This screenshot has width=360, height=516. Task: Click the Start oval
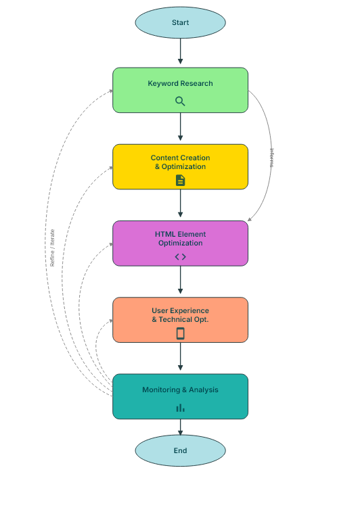click(x=180, y=22)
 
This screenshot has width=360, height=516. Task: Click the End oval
click(x=180, y=450)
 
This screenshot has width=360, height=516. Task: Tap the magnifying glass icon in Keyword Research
click(x=180, y=101)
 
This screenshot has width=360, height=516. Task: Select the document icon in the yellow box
click(x=180, y=180)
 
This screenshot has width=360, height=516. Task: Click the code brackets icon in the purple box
click(x=180, y=257)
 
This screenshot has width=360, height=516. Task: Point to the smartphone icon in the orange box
click(x=180, y=333)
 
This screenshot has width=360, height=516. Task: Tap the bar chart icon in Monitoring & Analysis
click(x=180, y=408)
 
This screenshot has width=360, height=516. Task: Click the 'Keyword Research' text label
click(x=180, y=84)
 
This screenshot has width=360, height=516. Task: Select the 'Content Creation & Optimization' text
click(x=180, y=162)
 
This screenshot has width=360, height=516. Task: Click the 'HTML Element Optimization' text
click(x=180, y=239)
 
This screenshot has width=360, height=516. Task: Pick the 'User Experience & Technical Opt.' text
click(x=180, y=315)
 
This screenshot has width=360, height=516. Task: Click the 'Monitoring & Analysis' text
click(x=180, y=390)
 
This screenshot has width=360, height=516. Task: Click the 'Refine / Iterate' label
click(x=53, y=248)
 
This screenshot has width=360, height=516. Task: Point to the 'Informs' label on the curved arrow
click(x=272, y=158)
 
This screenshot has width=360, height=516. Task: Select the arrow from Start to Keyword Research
click(x=180, y=51)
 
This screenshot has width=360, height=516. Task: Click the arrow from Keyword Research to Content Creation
click(x=180, y=127)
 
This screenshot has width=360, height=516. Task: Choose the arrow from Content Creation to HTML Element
click(x=180, y=204)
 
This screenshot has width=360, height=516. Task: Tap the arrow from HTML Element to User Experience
click(x=180, y=281)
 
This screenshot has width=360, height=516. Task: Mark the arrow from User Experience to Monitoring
click(x=180, y=357)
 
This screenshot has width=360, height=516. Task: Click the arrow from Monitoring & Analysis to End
click(x=180, y=427)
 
